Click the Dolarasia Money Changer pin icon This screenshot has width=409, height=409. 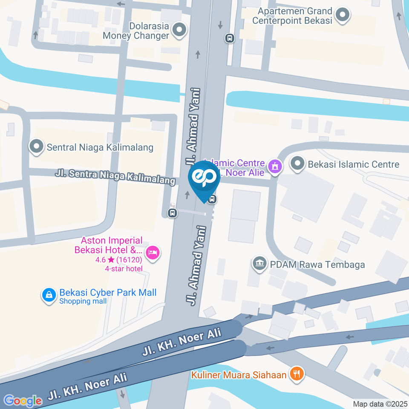click(180, 30)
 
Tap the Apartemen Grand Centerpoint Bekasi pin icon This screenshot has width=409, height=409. click(342, 15)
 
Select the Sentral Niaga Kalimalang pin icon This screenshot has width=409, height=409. click(37, 147)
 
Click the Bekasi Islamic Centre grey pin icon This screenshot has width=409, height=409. click(297, 164)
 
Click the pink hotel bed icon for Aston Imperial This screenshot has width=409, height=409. click(153, 253)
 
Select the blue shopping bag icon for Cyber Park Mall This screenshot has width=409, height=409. click(49, 295)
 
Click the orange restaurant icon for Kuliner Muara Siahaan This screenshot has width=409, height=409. click(296, 374)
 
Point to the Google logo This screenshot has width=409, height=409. click(23, 400)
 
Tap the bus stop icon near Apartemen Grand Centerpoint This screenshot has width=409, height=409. click(230, 38)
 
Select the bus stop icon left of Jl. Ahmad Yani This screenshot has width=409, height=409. click(173, 213)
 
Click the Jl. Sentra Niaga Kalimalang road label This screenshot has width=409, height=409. click(115, 177)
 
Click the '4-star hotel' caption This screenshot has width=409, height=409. click(124, 268)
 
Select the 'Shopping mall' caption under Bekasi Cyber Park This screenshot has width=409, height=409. click(83, 301)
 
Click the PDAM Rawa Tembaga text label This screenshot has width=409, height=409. click(317, 265)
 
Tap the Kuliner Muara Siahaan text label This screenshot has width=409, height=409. click(239, 375)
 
